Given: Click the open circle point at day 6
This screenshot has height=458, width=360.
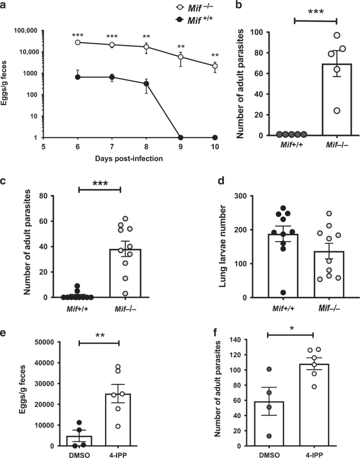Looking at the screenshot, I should tap(77, 42).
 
